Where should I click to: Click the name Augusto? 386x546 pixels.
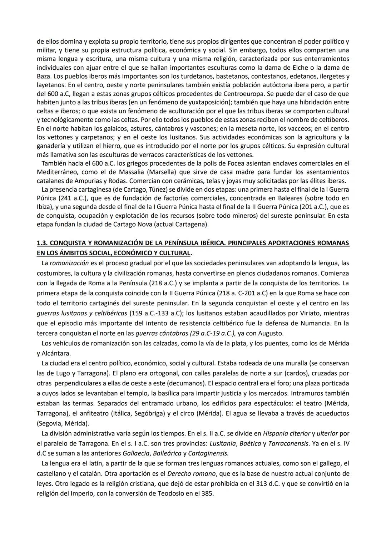pyautogui.click(x=271, y=333)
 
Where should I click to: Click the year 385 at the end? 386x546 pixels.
pyautogui.click(x=208, y=494)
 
